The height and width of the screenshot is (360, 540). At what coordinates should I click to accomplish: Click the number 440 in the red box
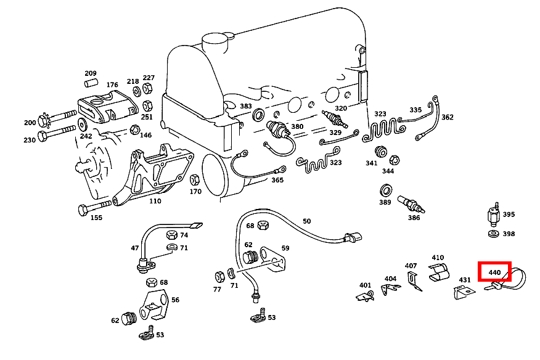(494, 272)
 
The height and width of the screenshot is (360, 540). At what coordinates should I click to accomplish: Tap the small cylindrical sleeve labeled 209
(91, 82)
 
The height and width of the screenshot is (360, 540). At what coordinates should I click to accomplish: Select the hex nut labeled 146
(135, 130)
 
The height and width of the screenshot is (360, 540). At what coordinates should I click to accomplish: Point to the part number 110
(154, 201)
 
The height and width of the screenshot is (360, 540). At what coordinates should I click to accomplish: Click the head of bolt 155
(83, 210)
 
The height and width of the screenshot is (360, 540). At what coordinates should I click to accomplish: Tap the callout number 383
(246, 106)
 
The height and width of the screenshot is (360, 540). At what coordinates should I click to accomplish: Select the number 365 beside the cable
(277, 180)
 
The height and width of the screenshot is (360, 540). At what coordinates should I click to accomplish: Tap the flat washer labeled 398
(493, 234)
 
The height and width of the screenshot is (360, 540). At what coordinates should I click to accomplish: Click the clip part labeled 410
(439, 272)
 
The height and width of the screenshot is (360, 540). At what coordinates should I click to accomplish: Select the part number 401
(366, 285)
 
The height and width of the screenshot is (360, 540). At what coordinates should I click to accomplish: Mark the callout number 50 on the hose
(306, 221)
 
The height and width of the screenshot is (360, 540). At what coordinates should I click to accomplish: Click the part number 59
(285, 248)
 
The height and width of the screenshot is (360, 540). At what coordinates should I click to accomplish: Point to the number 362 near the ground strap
(447, 117)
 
